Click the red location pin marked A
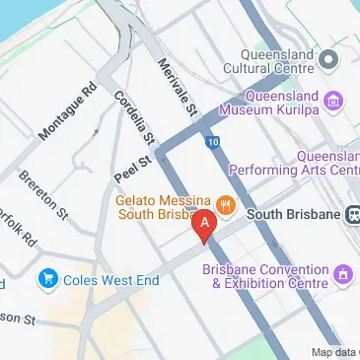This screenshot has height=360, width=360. [204, 226]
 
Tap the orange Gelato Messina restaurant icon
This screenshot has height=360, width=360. [226, 206]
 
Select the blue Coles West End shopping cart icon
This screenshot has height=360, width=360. [46, 279]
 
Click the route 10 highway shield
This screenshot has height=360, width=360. [213, 142]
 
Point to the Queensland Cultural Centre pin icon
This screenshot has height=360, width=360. [329, 61]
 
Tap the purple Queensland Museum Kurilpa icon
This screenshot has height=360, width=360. [336, 100]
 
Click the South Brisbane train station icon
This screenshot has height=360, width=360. [352, 214]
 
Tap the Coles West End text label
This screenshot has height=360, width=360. [106, 279]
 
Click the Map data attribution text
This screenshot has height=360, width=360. [334, 352]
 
